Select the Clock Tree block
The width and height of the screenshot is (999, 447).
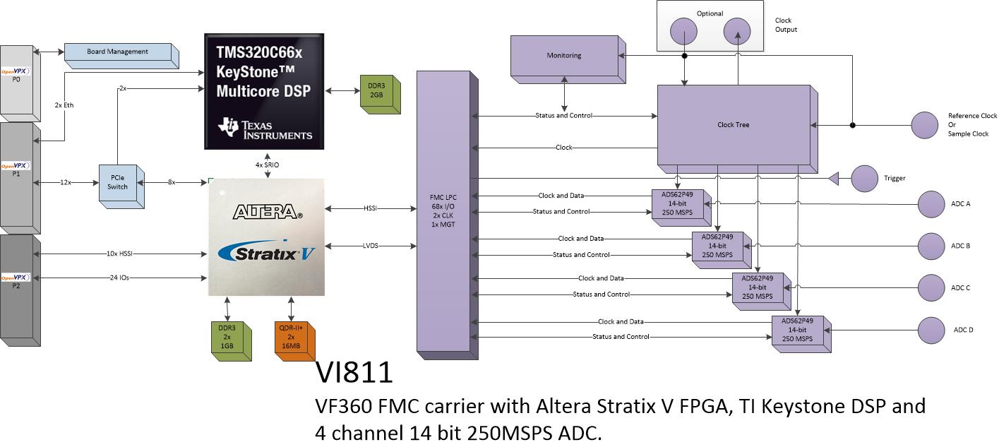[x=737, y=129]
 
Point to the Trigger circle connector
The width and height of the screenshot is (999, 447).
[x=864, y=179]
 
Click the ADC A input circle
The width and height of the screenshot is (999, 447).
[x=931, y=204]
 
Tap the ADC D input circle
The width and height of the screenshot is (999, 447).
[x=931, y=330]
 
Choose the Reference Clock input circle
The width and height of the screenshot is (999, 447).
[x=925, y=126]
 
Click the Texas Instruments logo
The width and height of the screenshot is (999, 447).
[x=265, y=129]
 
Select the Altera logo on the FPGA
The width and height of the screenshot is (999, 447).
[x=268, y=212]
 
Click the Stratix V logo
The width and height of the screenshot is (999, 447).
[x=266, y=253]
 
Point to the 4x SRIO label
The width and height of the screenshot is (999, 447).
[x=267, y=165]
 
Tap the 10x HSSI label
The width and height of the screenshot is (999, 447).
[x=119, y=254]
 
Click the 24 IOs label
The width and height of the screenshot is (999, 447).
[x=119, y=278]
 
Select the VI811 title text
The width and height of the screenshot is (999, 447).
[x=354, y=373]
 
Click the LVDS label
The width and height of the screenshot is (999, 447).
[x=370, y=246]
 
